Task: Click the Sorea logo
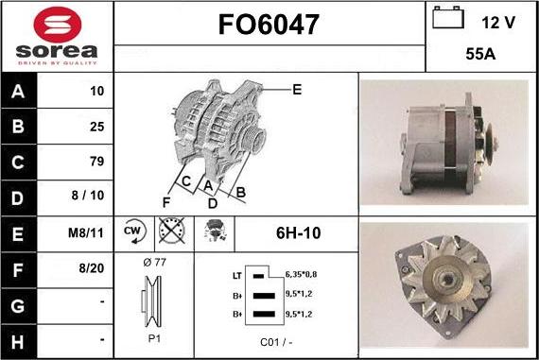[x=57, y=36]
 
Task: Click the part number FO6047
[x=269, y=23]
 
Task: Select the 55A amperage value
[x=481, y=55]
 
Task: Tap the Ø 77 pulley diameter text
[x=153, y=262]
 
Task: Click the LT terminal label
[x=236, y=275]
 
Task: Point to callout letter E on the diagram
[x=297, y=90]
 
